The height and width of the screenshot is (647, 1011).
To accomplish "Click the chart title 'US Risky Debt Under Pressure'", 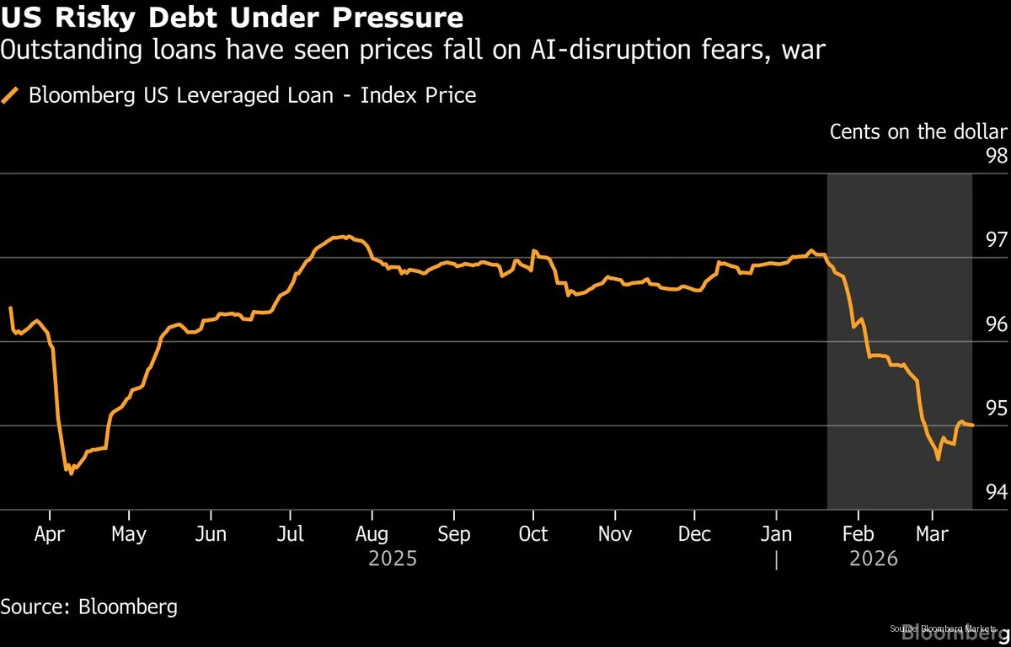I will tap(232, 18).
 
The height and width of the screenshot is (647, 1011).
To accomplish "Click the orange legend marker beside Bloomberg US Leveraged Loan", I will tap(10, 95).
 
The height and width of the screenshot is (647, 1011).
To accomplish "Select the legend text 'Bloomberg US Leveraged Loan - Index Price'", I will tap(252, 95).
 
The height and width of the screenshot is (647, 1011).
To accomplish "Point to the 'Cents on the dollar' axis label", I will tap(917, 131).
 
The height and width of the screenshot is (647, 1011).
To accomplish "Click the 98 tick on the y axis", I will tap(996, 156).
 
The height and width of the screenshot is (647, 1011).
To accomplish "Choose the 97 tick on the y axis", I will tap(996, 240).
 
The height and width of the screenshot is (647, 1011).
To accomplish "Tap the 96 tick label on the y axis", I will tap(996, 324).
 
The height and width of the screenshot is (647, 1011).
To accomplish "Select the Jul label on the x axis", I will tap(291, 534).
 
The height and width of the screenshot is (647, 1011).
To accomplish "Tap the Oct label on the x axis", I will tap(533, 534).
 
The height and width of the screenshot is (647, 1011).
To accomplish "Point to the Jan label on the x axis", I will tap(776, 534).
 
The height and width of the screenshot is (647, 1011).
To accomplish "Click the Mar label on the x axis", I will tap(932, 534).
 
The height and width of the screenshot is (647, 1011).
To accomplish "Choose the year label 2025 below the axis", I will tap(393, 559).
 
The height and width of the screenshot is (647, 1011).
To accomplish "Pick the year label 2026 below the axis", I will tap(874, 559).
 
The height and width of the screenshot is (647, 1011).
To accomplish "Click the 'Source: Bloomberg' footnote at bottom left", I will tap(89, 607).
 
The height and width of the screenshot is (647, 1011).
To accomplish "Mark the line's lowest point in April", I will tap(71, 473).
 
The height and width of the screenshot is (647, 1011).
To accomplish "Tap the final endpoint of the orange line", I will tap(973, 425).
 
